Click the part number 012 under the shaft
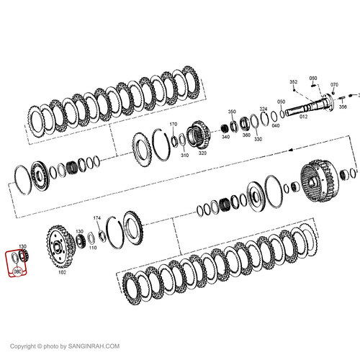point(302,116)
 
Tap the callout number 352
point(294,82)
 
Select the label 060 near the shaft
point(313,78)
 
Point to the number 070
point(334,85)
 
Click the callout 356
point(343,107)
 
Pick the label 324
point(264,109)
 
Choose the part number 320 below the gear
point(202,153)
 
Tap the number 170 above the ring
point(173,125)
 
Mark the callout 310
point(184,155)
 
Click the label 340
point(225,137)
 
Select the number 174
point(96,217)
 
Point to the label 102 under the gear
point(62,272)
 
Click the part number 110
point(92,257)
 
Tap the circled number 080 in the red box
point(18,273)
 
